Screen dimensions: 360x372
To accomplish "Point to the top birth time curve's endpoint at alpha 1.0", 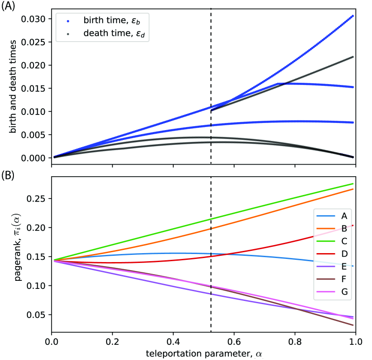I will coord(353,16).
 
